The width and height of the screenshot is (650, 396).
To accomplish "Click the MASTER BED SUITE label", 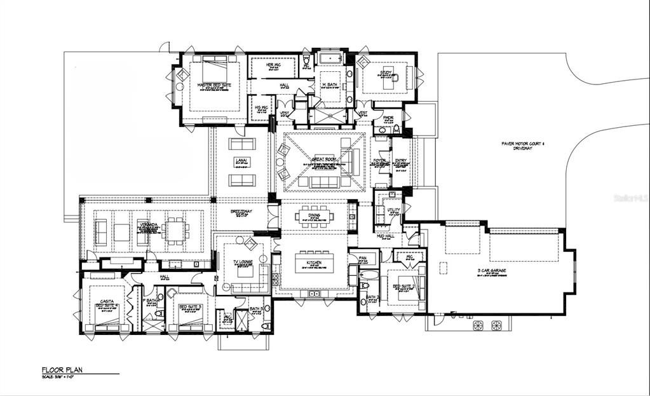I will click(x=213, y=85).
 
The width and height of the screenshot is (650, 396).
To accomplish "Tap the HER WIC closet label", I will click(x=273, y=65).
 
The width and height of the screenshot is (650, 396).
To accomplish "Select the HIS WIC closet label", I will click(x=261, y=107).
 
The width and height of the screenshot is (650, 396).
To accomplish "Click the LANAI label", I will click(x=241, y=160).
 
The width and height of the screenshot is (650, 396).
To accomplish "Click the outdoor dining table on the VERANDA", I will click(x=174, y=228).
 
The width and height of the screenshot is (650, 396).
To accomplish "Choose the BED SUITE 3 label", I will click(x=189, y=306).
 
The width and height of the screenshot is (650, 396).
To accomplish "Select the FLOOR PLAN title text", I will click(x=62, y=369).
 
